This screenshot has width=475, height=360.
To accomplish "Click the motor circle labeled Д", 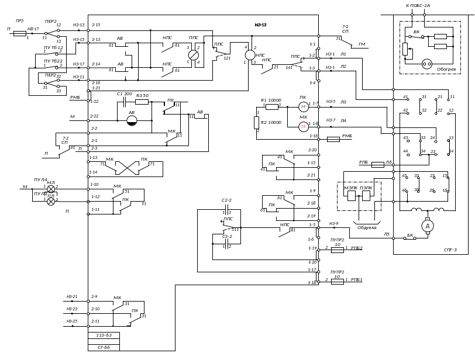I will tap(427, 226).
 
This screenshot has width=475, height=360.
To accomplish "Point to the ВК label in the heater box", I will tap(417, 31).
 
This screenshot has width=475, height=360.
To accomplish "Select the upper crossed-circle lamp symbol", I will tap(51, 189).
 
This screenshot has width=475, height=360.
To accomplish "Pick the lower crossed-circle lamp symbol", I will tap(51, 202).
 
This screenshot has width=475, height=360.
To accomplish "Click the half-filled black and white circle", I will tap(133, 120).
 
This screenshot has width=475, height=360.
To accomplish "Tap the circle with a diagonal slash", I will tap(194, 56).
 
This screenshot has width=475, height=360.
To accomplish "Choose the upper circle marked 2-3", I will tap(303, 106).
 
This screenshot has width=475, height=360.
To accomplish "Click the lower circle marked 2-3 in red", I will tap(303, 126).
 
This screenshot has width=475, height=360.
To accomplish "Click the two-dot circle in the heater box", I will tap(427, 63).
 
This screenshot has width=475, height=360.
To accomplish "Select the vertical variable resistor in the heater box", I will tap(405, 49).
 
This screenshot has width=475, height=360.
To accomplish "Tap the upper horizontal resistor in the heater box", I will tap(440, 36).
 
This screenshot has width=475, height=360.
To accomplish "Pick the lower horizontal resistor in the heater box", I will tap(440, 46).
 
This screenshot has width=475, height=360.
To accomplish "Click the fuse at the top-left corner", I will tap(19, 34).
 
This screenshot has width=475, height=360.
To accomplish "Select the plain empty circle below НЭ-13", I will tap(250, 56).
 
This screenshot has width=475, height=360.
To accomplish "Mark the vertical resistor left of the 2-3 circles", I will tap(256, 122).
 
